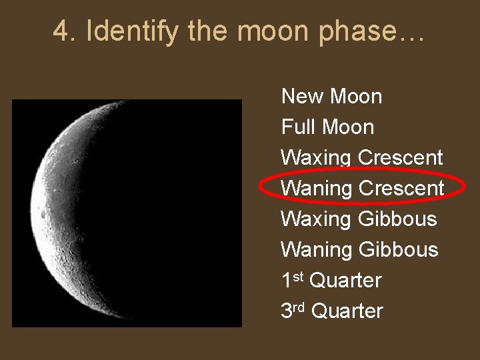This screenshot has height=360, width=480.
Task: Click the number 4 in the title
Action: tap(62, 31)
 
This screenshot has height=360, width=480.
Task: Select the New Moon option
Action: tap(331, 97)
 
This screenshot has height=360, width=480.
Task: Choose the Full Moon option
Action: tap(327, 127)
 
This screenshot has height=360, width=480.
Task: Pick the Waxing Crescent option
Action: tap(361, 158)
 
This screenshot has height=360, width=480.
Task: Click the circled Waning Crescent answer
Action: tap(361, 189)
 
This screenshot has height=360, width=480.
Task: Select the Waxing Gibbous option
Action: tap(359, 219)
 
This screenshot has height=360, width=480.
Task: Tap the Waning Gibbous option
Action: tap(359, 250)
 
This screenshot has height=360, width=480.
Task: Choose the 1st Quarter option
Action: tap(331, 281)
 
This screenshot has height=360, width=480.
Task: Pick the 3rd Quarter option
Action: tap(332, 311)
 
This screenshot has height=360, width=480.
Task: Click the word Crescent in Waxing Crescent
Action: tap(400, 158)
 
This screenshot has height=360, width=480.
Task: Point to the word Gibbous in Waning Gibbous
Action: tap(398, 250)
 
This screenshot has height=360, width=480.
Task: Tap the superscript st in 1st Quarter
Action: tap(299, 275)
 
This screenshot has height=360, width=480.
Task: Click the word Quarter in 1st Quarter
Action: tap(346, 281)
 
